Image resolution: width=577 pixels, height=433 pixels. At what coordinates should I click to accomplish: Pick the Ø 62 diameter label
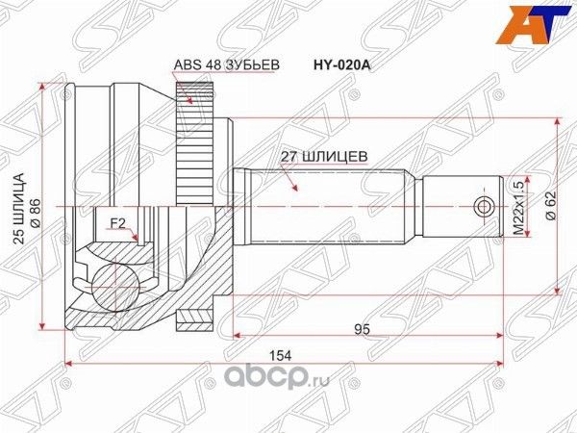(549, 203)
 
